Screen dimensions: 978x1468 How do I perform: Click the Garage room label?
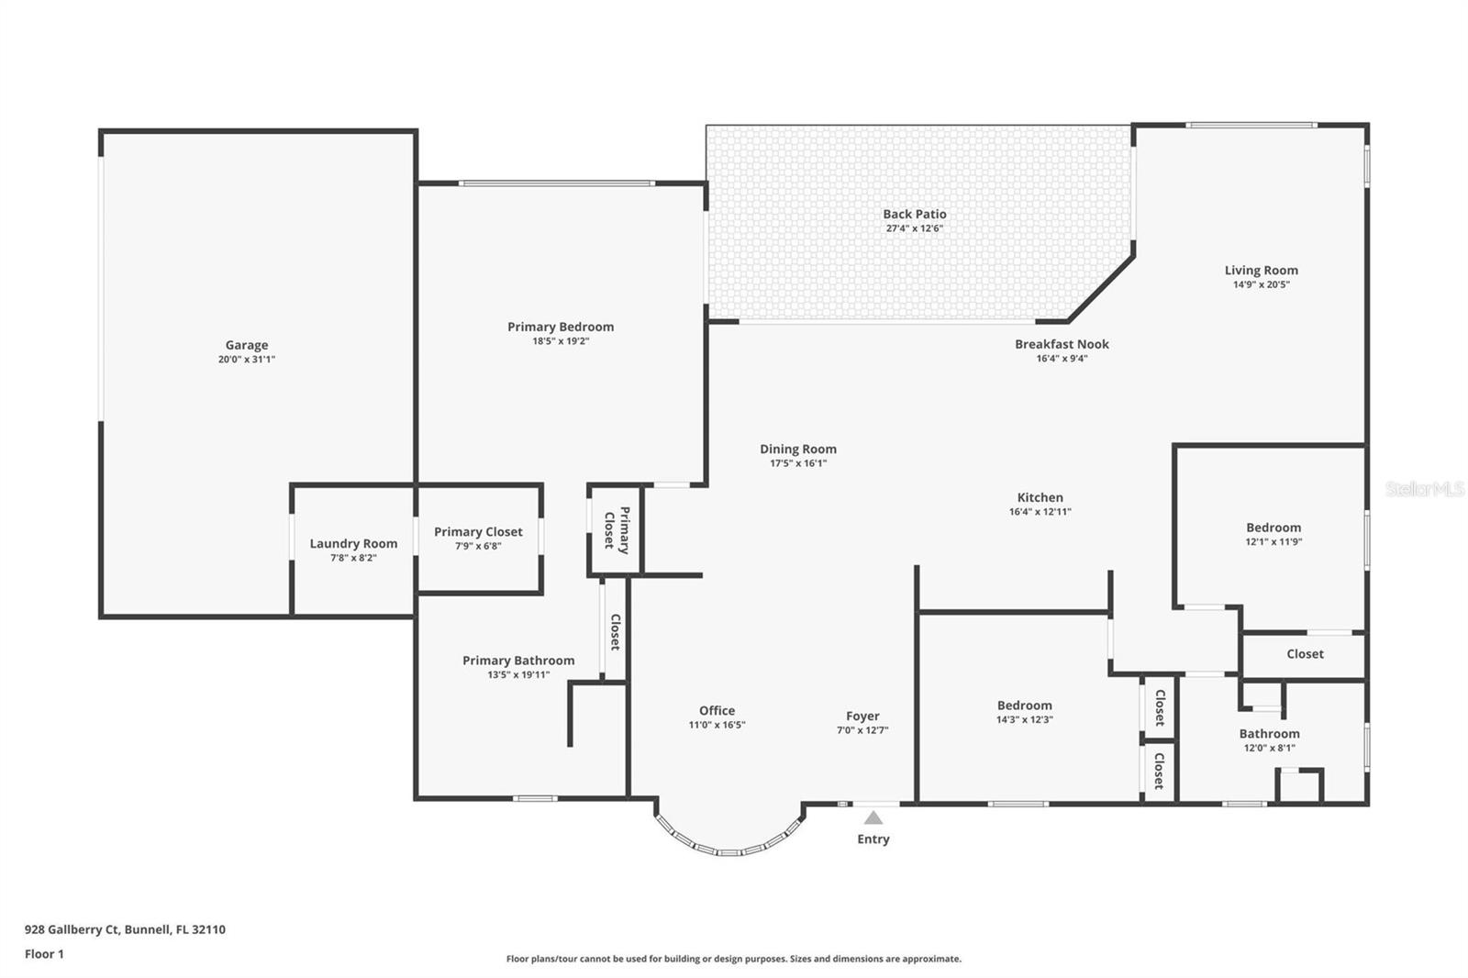click(x=247, y=345)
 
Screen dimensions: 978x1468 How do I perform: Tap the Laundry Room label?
click(x=353, y=543)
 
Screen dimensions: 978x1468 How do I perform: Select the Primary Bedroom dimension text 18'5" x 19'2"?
click(x=561, y=341)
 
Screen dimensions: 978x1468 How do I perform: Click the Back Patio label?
click(x=915, y=214)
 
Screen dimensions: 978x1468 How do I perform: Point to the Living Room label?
click(x=1261, y=270)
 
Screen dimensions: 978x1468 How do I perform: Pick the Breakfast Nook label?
click(x=1062, y=344)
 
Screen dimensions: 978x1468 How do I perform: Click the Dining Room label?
click(x=797, y=449)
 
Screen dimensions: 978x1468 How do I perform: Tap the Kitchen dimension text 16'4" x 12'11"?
click(x=1040, y=512)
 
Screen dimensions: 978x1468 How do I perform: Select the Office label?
click(x=717, y=710)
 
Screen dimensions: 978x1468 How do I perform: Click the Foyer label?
click(x=862, y=716)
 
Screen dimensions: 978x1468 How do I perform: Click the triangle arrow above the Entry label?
click(x=873, y=817)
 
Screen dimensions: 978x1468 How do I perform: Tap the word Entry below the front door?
click(x=873, y=839)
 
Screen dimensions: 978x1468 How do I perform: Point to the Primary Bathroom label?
click(x=518, y=660)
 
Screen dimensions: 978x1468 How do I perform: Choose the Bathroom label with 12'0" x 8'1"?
click(x=1269, y=733)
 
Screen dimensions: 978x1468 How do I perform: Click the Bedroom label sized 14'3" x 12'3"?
click(x=1024, y=706)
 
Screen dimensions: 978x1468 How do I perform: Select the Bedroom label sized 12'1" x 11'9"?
click(x=1273, y=528)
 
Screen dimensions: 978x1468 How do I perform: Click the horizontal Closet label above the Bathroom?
click(x=1305, y=654)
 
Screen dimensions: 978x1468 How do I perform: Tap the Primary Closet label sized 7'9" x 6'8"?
click(x=478, y=531)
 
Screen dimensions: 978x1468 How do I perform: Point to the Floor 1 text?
click(x=44, y=954)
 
